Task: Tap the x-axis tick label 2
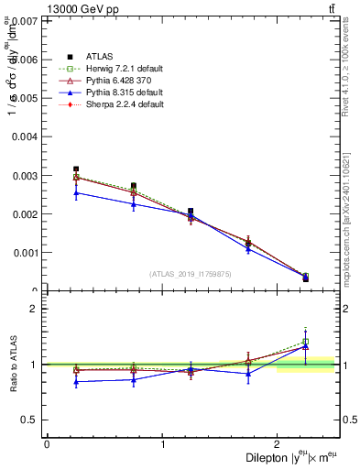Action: coord(279,444)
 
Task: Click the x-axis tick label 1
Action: coord(163,444)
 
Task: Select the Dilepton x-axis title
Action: coord(292,457)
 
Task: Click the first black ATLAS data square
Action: coord(76,169)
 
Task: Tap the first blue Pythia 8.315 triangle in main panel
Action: coord(76,192)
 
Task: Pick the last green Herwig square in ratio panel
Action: coord(306,342)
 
